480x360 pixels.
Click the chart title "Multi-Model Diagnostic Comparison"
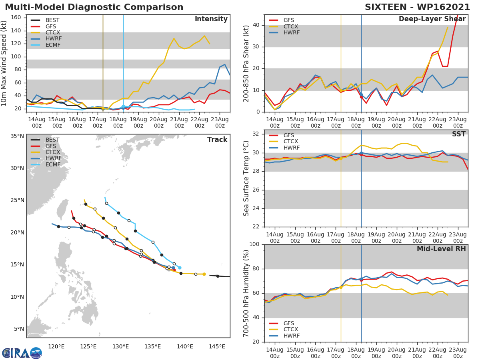pos(94,7)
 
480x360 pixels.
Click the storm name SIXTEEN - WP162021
pos(417,7)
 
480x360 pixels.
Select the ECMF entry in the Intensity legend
pos(53,45)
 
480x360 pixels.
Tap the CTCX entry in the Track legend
pos(53,152)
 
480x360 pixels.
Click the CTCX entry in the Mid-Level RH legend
pos(291,329)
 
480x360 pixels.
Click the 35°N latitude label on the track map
pos(17,136)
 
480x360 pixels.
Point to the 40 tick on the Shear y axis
pos(256,25)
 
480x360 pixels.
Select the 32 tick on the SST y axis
pos(256,134)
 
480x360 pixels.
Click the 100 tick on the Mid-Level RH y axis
pos(254,244)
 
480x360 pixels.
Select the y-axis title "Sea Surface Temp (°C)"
pos(246,178)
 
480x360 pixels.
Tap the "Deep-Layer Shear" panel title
pos(432,19)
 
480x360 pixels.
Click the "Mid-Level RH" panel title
pos(441,249)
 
